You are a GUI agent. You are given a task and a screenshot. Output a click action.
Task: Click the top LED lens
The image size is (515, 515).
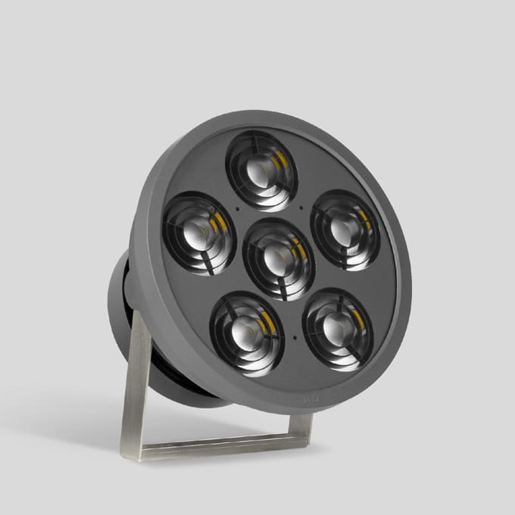[262, 170]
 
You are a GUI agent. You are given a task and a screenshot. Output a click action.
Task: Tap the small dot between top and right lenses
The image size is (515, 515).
[301, 206]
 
